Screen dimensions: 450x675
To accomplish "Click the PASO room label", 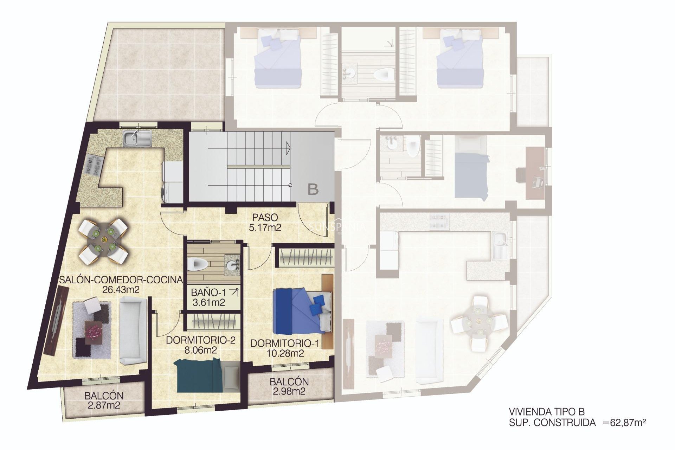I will (265, 218).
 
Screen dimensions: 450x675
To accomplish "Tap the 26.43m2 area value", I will (121, 290).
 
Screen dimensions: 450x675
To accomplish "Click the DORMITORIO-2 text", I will (200, 340).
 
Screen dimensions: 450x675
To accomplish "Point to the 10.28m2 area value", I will (285, 353).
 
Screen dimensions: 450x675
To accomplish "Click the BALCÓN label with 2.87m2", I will (104, 396).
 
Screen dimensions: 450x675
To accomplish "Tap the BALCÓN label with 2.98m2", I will (289, 382).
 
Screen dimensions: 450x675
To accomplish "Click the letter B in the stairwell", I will (313, 189).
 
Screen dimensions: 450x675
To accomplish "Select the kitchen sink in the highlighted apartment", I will (137, 138).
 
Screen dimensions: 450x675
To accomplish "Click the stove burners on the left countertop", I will (94, 165).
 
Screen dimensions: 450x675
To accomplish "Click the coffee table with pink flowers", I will (94, 331).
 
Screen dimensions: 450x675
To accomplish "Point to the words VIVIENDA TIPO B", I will (547, 412).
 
